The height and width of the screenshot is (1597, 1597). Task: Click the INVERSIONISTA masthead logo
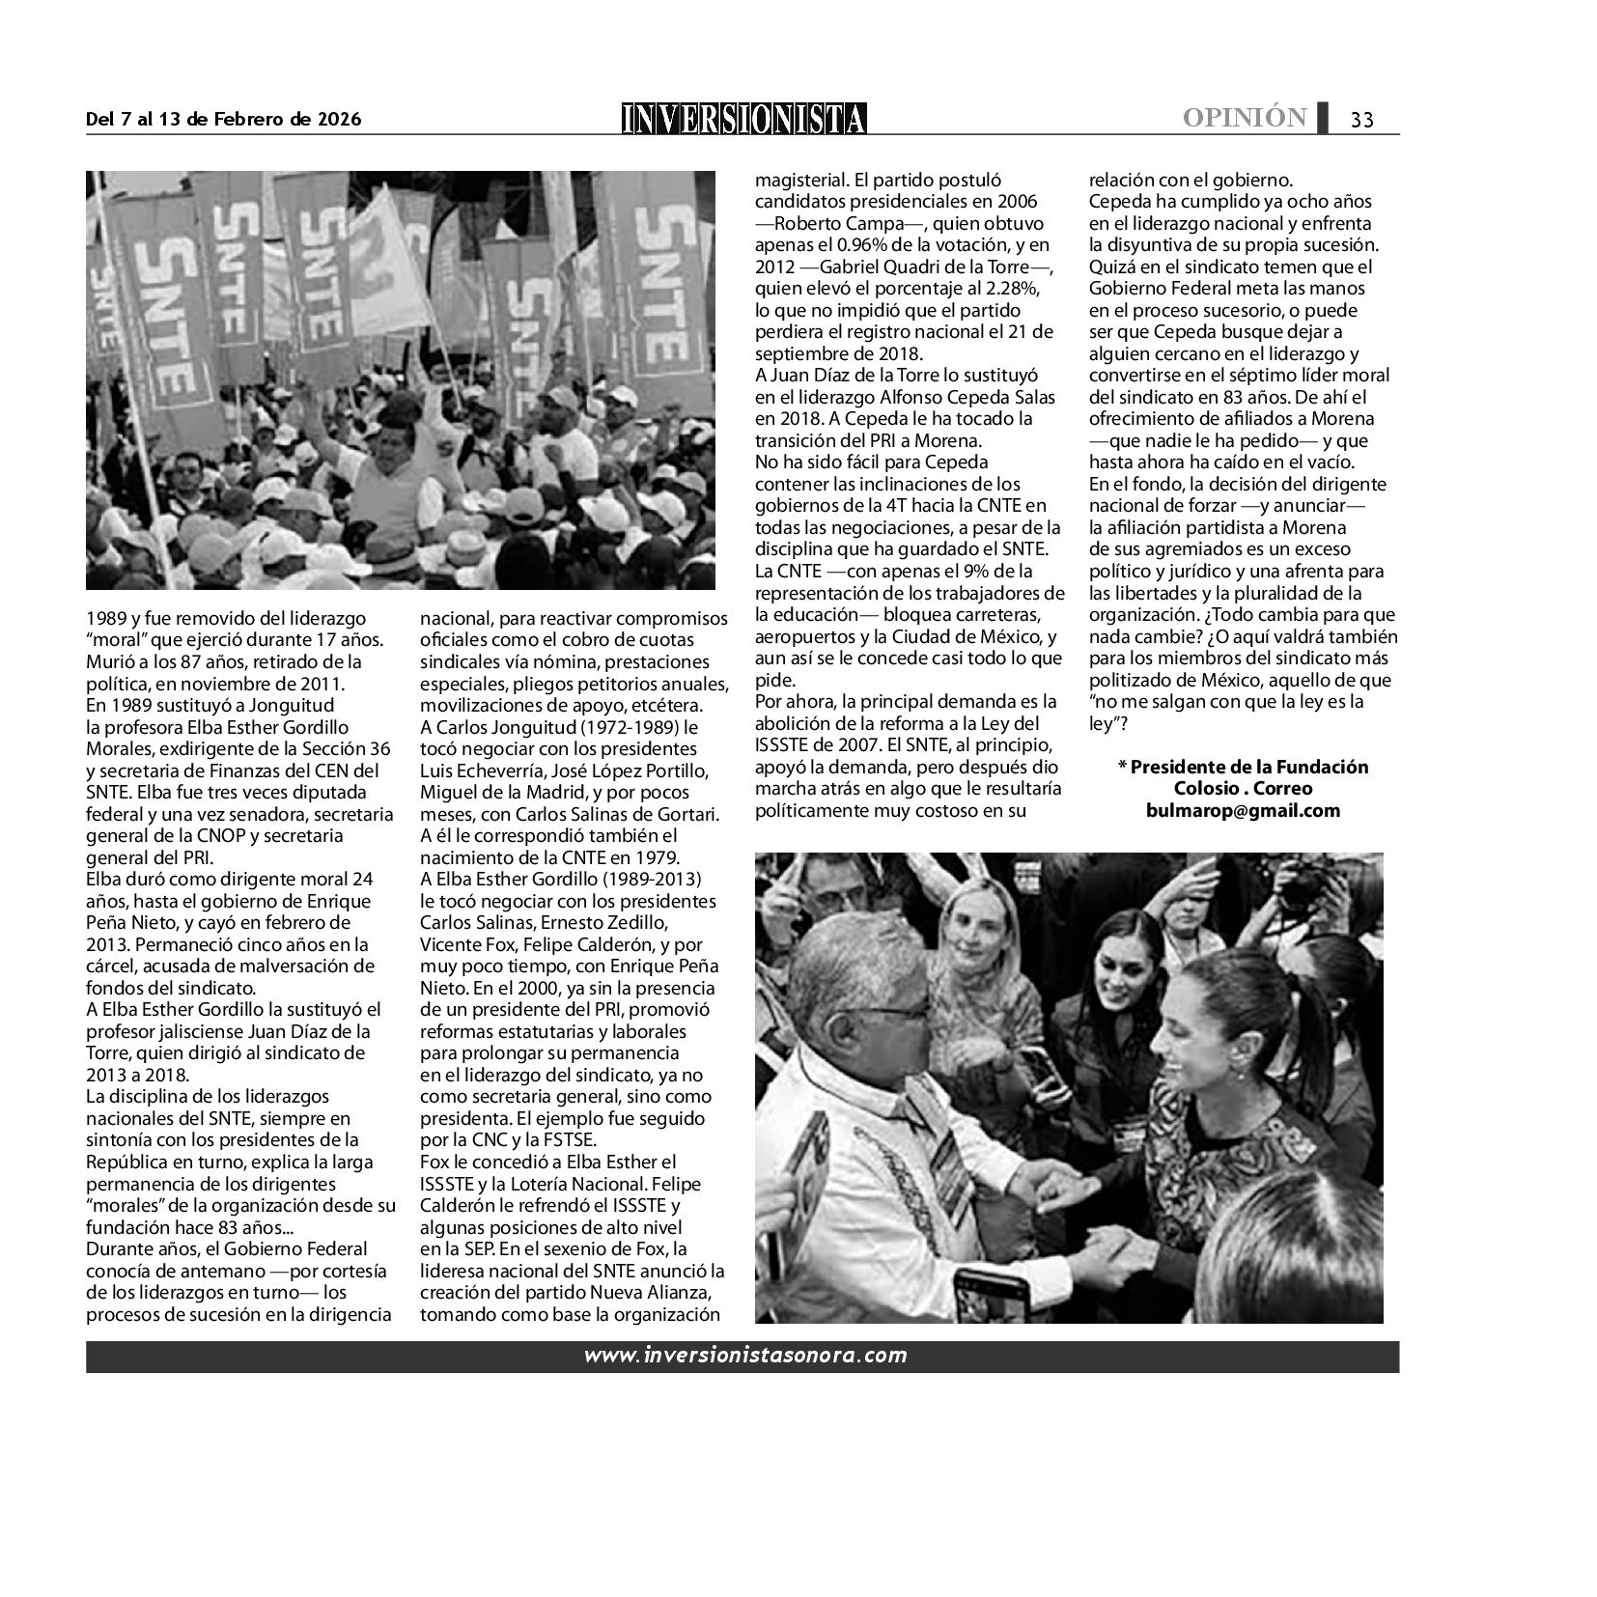(x=743, y=119)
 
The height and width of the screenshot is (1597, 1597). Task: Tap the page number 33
(x=1361, y=120)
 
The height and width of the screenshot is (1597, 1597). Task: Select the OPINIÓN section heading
(x=1245, y=118)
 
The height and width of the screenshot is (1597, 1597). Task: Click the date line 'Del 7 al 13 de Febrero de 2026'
(x=223, y=120)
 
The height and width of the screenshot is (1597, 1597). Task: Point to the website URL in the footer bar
(x=744, y=1355)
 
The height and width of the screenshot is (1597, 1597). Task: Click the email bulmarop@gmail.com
(x=1243, y=810)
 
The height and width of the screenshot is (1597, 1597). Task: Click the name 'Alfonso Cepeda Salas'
(x=973, y=397)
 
